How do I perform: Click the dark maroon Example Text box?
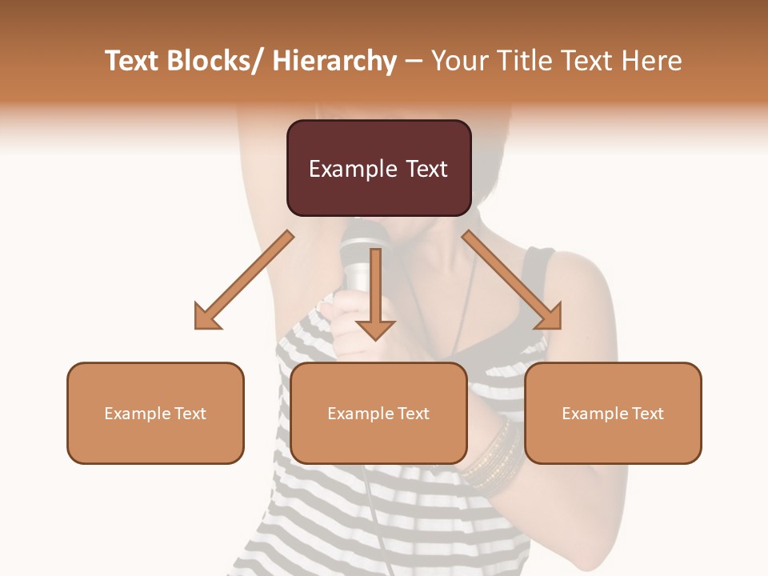click(x=378, y=168)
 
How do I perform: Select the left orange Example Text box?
click(x=155, y=413)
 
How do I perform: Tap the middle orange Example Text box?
click(x=378, y=413)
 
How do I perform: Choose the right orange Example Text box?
click(x=613, y=413)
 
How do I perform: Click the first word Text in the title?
click(x=133, y=61)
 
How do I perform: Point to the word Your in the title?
click(x=459, y=61)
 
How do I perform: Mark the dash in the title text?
click(x=414, y=62)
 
